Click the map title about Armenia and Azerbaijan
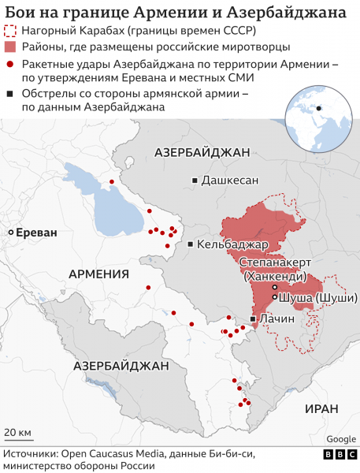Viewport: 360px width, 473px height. pos(175,13)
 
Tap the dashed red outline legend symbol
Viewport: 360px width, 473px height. pos(10,32)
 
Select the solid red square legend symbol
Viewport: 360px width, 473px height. pos(10,48)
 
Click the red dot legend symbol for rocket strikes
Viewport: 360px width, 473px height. pos(10,65)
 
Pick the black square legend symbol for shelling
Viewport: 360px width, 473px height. pos(10,95)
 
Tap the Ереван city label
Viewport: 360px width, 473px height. pos(37,233)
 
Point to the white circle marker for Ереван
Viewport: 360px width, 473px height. pos(11,233)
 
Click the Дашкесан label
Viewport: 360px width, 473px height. pos(230,181)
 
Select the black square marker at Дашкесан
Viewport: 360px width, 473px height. pos(195,181)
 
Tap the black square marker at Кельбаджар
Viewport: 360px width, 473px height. pos(191,244)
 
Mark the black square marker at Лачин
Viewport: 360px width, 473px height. pos(252,318)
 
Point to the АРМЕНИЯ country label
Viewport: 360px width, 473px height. pos(99,274)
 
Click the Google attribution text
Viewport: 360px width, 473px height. pos(340,439)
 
